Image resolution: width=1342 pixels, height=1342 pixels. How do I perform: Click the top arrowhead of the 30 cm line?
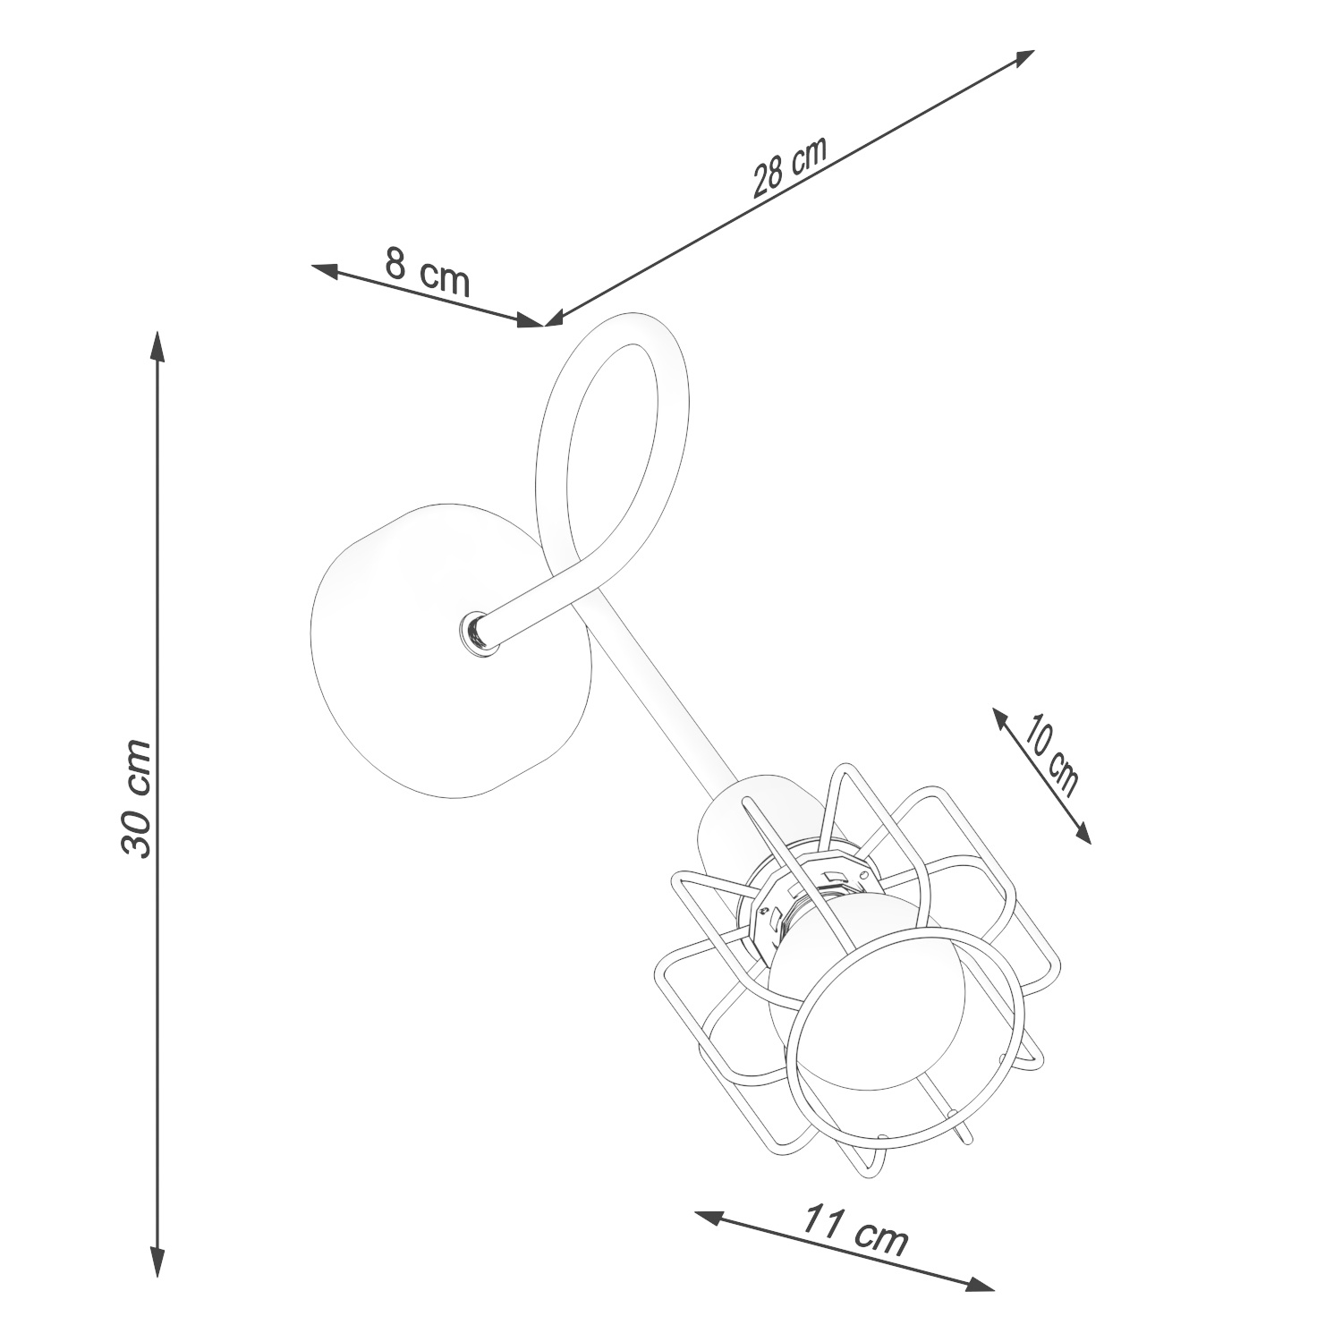tap(157, 347)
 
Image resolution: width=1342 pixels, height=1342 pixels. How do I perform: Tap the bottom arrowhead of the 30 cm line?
tap(157, 1261)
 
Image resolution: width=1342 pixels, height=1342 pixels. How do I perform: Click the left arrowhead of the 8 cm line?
tap(327, 270)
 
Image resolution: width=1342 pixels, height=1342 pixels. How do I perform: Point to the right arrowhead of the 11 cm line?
tap(979, 1283)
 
